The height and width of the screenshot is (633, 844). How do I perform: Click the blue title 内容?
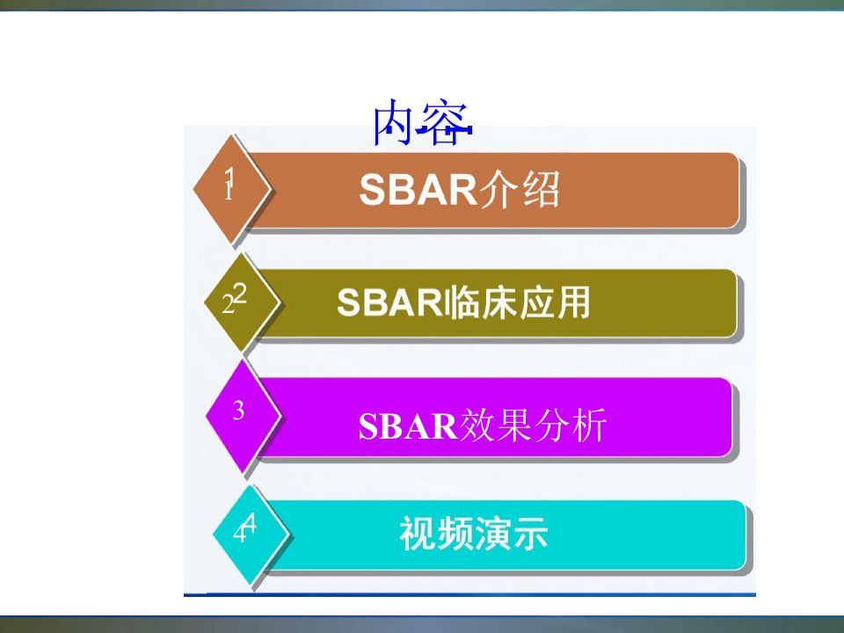pyautogui.click(x=422, y=123)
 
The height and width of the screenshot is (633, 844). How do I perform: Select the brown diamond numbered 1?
pyautogui.click(x=232, y=189)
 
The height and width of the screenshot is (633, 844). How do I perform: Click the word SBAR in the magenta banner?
pyautogui.click(x=407, y=426)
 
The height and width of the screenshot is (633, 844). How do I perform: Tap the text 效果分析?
pyautogui.click(x=533, y=426)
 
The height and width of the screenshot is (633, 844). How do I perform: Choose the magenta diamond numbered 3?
pyautogui.click(x=244, y=416)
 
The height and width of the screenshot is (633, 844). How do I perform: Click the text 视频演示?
pyautogui.click(x=474, y=534)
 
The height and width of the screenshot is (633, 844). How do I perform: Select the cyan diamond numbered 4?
pyautogui.click(x=251, y=535)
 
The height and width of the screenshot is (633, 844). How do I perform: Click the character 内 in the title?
pyautogui.click(x=396, y=123)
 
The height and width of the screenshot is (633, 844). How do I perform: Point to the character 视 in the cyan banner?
pyautogui.click(x=418, y=534)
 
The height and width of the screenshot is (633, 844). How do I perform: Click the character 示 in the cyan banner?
pyautogui.click(x=530, y=534)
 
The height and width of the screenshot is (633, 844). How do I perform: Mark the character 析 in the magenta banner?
pyautogui.click(x=589, y=426)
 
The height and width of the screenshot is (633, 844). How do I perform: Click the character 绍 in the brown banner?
pyautogui.click(x=541, y=190)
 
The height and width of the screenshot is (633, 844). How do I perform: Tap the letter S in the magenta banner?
pyautogui.click(x=368, y=426)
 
